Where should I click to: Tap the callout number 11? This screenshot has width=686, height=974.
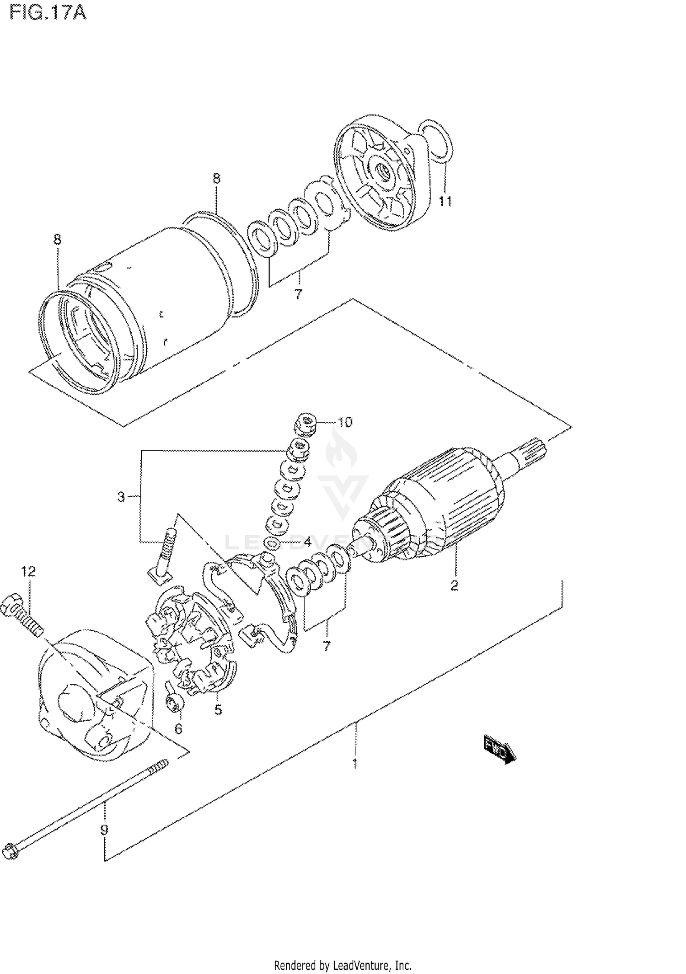click(445, 201)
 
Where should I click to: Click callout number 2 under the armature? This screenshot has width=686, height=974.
click(454, 585)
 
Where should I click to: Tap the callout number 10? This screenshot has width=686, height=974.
click(345, 421)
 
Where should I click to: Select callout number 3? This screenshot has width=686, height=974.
click(121, 496)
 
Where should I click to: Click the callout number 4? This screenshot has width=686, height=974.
click(307, 543)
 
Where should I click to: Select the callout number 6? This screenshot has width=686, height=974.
click(178, 729)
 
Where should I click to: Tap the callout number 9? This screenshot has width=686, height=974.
click(104, 830)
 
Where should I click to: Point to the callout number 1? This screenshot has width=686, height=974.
click(355, 763)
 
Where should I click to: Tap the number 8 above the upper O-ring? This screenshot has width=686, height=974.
click(216, 178)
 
